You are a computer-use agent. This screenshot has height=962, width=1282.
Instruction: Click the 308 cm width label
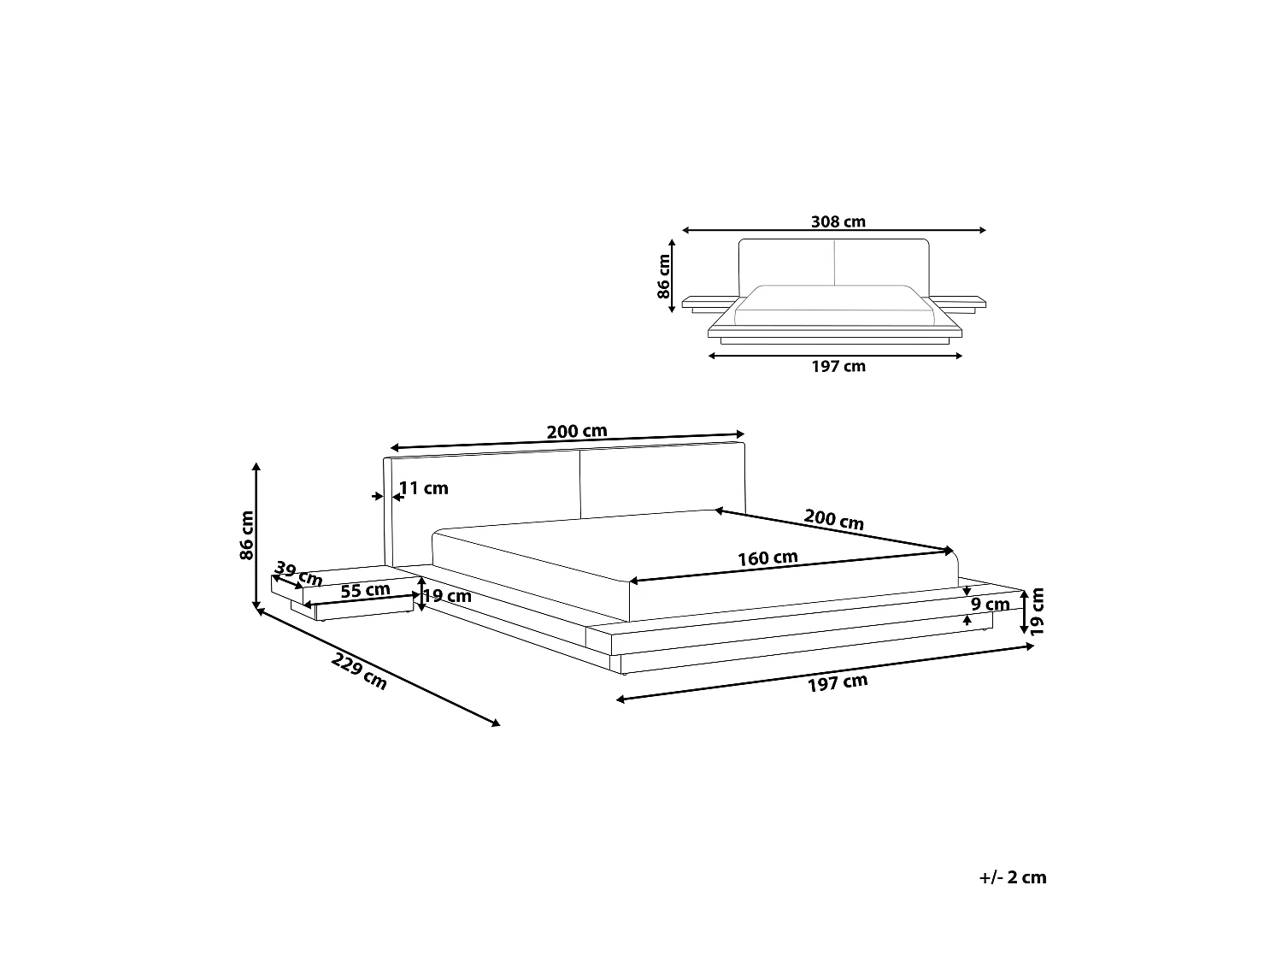[x=838, y=221]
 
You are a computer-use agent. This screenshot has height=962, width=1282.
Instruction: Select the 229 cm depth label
[x=360, y=670]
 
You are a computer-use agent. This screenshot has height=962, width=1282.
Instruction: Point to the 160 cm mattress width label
[x=767, y=558]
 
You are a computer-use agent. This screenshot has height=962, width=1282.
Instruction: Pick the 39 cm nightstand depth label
[x=298, y=574]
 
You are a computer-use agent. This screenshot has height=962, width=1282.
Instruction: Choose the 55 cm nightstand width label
[x=365, y=590]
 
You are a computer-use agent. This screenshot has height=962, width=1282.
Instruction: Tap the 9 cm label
[x=991, y=605]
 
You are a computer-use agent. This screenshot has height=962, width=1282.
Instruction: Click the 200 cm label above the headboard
[x=577, y=432]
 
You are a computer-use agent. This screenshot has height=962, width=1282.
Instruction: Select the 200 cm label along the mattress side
[x=833, y=519]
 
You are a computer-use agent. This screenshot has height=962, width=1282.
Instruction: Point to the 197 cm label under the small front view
[x=838, y=367]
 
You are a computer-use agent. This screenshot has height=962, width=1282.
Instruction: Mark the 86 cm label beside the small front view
[x=664, y=275]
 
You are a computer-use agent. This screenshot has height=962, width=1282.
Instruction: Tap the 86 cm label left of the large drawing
[x=247, y=534]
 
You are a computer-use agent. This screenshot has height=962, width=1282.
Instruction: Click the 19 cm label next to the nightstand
[x=447, y=596]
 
